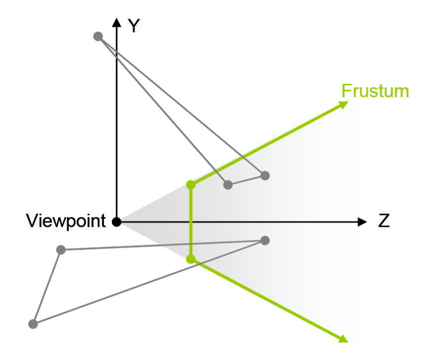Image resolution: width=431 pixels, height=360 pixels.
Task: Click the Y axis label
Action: (x=133, y=26)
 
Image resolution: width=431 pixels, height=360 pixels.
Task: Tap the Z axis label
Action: (x=384, y=221)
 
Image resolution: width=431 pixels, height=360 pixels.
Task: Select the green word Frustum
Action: (x=375, y=91)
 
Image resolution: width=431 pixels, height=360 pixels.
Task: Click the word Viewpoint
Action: (x=66, y=220)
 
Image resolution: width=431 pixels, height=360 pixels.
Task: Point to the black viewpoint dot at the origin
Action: (x=116, y=222)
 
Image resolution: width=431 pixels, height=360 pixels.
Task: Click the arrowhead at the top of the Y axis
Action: (x=116, y=22)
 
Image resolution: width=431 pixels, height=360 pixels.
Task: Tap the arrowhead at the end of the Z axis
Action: (x=363, y=222)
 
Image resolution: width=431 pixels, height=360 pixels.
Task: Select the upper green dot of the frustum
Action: (x=191, y=185)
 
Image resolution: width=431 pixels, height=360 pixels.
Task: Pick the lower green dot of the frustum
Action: (x=191, y=258)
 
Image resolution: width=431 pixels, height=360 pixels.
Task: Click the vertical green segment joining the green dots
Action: (x=191, y=221)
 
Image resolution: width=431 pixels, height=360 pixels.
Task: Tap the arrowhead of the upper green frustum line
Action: (x=343, y=104)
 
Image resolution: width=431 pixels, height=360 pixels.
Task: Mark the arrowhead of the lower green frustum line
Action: (x=342, y=338)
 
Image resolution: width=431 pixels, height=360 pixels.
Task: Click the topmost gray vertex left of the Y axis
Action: (x=98, y=36)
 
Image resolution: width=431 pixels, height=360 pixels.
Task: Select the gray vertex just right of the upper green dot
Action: (x=228, y=185)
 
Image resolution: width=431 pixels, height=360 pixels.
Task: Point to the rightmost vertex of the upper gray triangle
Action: (x=265, y=175)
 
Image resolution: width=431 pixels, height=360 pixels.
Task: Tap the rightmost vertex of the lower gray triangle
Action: (x=265, y=241)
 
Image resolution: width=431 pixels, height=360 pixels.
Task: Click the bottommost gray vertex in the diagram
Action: (x=33, y=324)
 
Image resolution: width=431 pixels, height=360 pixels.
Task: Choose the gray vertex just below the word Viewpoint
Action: (x=61, y=250)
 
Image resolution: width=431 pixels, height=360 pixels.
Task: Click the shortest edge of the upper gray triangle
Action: (x=246, y=180)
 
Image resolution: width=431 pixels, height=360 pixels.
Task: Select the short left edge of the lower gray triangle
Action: (x=47, y=287)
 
